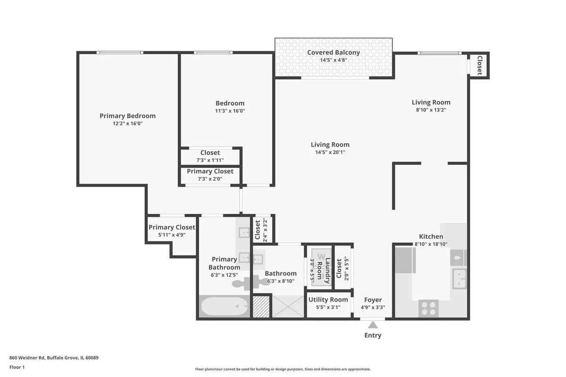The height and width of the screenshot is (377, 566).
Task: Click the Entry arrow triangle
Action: tap(373, 325)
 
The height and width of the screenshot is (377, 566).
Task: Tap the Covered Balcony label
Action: tap(333, 52)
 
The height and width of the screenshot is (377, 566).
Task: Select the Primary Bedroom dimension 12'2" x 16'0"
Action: tap(128, 123)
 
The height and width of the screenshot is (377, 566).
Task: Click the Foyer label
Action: tap(373, 300)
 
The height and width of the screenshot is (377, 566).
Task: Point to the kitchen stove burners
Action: tap(429, 308)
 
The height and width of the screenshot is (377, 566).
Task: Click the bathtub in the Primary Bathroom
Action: tap(225, 306)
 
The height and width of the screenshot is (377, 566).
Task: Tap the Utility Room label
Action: tap(328, 300)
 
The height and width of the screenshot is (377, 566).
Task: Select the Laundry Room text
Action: tap(324, 270)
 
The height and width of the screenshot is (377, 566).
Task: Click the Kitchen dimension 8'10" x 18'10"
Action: tap(431, 244)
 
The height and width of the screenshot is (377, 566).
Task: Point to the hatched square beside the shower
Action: tap(261, 307)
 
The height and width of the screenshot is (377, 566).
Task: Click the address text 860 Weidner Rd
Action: tap(27, 358)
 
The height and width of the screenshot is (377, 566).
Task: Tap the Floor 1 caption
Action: tap(17, 367)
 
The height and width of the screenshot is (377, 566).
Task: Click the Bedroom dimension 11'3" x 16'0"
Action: tap(230, 111)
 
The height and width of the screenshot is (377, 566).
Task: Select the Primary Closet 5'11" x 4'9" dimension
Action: tap(172, 235)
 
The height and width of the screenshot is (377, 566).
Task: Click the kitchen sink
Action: tap(459, 279)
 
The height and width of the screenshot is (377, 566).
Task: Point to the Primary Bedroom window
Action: tap(120, 52)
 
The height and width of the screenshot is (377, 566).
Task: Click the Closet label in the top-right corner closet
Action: tap(480, 66)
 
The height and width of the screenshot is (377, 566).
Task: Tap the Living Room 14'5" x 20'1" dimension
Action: tap(330, 152)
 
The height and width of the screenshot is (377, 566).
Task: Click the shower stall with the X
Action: tap(288, 307)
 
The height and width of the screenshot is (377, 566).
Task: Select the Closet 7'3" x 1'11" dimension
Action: tap(210, 160)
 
